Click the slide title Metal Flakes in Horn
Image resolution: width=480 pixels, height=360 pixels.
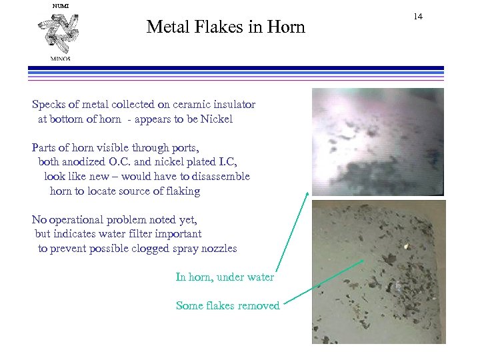coord(225,27)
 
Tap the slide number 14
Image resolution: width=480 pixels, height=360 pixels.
coord(418,16)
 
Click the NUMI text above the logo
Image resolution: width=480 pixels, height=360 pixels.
coord(60,6)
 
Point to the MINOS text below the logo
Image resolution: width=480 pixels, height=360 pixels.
coord(60,58)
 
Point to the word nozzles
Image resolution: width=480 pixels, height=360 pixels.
coord(218,249)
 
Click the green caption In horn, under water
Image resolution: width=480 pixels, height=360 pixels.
coord(225,277)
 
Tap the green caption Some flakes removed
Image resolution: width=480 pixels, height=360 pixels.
coord(227,306)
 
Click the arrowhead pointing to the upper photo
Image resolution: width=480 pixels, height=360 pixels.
coord(308,193)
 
